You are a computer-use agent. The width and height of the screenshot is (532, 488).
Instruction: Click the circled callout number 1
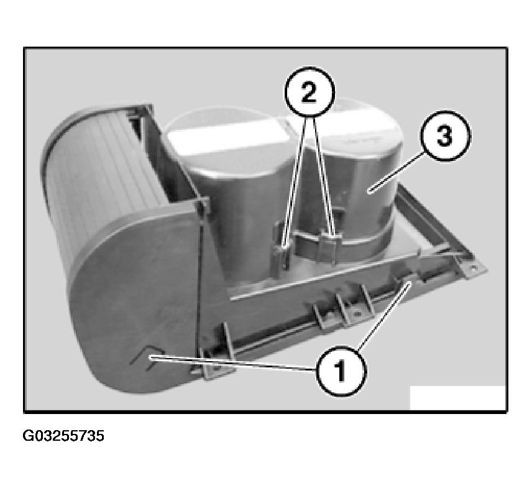pyautogui.click(x=341, y=371)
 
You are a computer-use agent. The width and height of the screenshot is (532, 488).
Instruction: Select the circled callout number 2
pyautogui.click(x=309, y=92)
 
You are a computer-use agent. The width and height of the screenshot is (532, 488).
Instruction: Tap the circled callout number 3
pyautogui.click(x=445, y=136)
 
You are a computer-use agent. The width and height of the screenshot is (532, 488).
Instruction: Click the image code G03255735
pyautogui.click(x=63, y=436)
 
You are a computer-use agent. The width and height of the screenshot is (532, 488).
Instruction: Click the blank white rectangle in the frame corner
pyautogui.click(x=457, y=398)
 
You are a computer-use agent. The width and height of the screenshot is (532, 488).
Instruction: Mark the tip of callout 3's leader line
pyautogui.click(x=370, y=193)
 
